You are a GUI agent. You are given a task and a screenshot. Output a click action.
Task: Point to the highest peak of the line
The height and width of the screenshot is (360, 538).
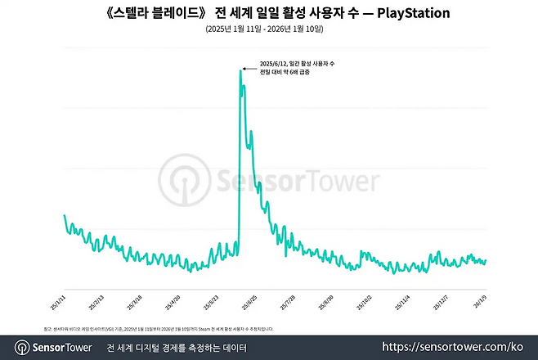tap(240, 70)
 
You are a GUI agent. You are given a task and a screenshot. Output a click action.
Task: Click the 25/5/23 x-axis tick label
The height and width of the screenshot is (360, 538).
tap(211, 296)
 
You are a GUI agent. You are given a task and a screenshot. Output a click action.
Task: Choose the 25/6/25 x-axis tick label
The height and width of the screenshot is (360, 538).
tap(249, 296)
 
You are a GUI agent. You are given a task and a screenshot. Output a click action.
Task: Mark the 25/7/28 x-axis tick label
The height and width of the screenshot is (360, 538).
tap(289, 296)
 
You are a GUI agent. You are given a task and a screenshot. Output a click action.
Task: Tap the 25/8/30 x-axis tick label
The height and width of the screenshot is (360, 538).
tap(327, 296)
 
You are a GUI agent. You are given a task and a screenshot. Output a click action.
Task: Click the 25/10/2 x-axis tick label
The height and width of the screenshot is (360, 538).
tap(365, 296)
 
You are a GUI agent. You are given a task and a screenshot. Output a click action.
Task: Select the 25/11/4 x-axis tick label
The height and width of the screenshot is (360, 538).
tap(404, 296)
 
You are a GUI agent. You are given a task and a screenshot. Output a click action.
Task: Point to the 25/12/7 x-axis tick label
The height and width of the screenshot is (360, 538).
tap(442, 296)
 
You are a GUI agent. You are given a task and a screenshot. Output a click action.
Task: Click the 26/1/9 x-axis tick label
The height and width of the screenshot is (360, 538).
tap(479, 296)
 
